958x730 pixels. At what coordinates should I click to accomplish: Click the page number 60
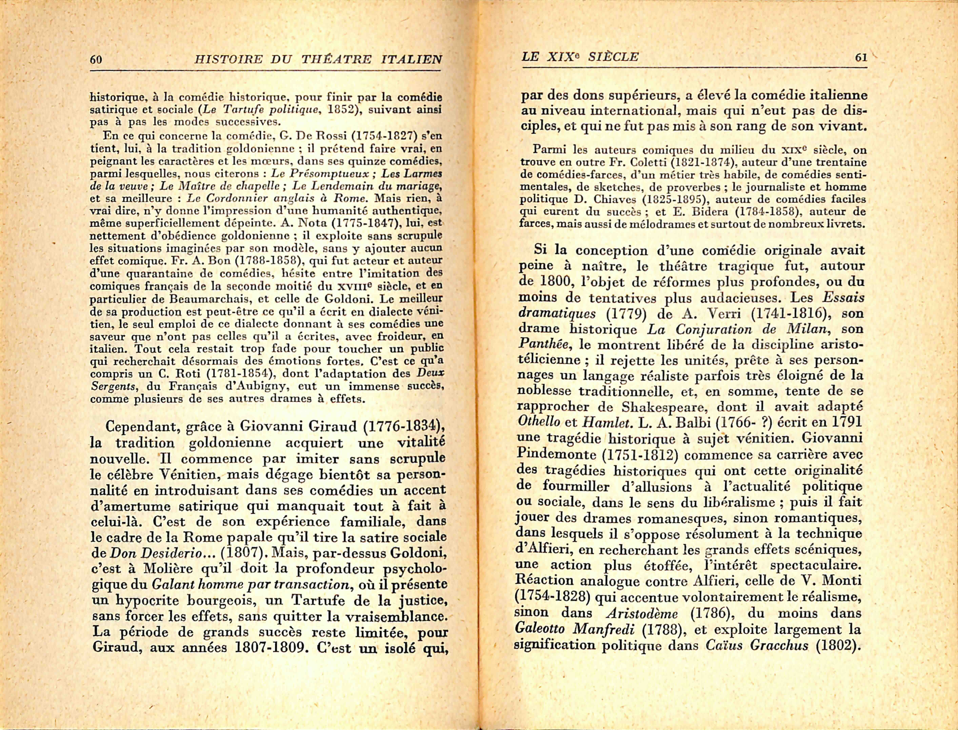[x=96, y=59]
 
